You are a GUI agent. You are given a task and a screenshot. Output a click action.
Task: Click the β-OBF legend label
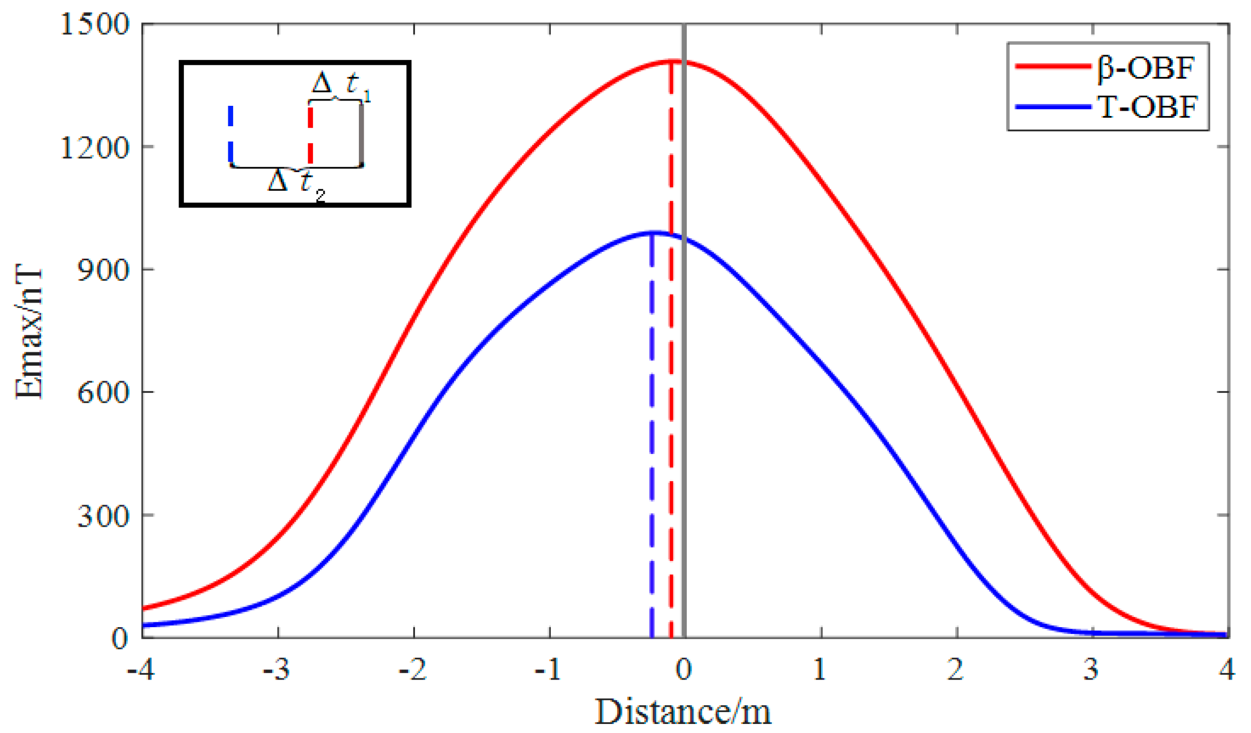[1145, 68]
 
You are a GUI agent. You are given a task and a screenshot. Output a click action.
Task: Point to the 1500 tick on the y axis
[95, 25]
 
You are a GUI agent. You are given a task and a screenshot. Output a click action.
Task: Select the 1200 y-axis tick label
[95, 148]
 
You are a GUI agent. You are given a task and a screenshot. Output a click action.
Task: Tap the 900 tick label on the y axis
[103, 270]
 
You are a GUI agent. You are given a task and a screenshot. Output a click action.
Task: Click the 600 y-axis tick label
[103, 393]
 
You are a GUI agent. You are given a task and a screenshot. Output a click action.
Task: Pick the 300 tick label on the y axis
[103, 516]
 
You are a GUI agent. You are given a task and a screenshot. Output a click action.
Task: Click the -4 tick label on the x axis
[141, 669]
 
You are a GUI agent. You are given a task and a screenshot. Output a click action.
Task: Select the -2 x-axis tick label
[412, 669]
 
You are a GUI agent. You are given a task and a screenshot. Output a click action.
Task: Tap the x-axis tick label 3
[1091, 669]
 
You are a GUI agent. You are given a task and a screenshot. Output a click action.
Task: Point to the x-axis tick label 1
[819, 669]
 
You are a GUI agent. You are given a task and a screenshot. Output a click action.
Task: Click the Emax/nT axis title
[28, 331]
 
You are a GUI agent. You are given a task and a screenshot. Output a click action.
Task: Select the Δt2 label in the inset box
[296, 183]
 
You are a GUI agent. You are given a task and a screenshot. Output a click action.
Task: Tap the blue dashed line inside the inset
[231, 134]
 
